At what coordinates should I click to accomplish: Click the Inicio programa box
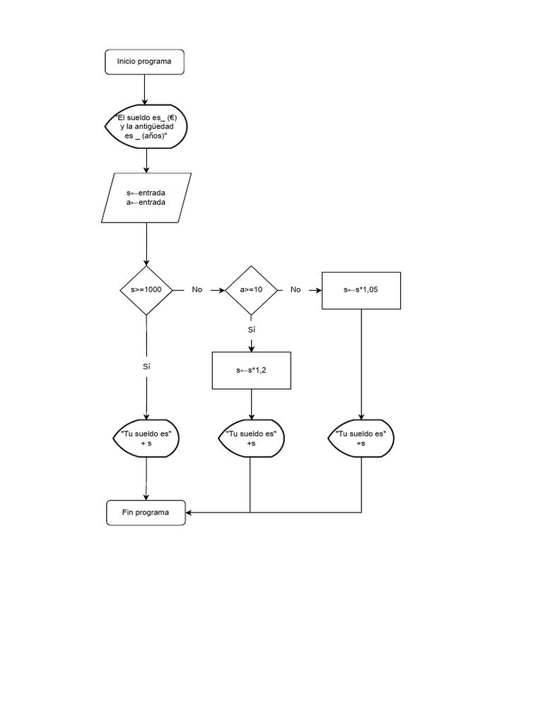(144, 61)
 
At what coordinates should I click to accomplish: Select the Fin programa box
(146, 513)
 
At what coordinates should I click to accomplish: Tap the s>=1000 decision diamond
(146, 290)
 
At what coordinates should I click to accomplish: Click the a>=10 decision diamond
(251, 290)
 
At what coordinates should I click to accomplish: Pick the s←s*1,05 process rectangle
(361, 290)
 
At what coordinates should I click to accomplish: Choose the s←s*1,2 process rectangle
(251, 370)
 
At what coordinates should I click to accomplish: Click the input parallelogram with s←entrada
(146, 198)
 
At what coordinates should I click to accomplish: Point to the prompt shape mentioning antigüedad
(146, 126)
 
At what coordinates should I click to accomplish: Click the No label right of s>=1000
(197, 290)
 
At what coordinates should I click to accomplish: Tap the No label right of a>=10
(296, 290)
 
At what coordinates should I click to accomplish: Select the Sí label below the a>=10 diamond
(251, 330)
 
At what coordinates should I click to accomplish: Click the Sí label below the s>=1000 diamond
(146, 366)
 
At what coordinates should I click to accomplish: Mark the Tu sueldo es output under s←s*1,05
(361, 438)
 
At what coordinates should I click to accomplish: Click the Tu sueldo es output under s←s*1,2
(251, 438)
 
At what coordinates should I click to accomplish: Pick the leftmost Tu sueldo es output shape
(146, 438)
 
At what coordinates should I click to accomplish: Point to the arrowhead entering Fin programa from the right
(189, 513)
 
